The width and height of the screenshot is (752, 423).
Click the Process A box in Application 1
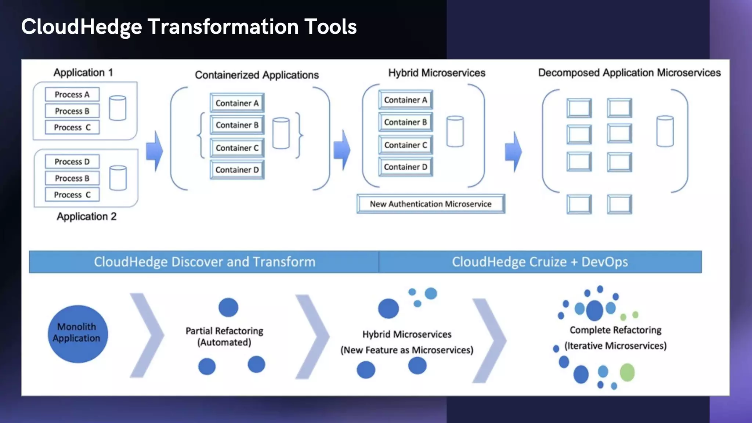click(72, 94)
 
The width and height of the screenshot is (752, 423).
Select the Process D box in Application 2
click(72, 162)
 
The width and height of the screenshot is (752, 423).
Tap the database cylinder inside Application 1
click(117, 108)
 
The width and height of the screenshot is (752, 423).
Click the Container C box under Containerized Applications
click(237, 148)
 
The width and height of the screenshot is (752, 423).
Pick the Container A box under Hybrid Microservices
click(405, 100)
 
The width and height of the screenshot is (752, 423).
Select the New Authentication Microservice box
click(430, 204)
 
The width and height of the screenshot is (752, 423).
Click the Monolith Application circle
click(77, 334)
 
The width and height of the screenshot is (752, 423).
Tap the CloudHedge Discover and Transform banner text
click(205, 262)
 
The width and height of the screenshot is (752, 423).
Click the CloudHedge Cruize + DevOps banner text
click(540, 262)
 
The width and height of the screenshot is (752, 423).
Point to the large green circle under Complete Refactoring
click(627, 372)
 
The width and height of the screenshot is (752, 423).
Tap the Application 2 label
click(86, 217)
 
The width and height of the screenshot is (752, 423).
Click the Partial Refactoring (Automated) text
click(224, 336)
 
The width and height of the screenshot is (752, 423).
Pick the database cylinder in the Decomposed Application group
click(665, 131)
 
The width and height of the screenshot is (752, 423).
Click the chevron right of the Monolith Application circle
click(147, 335)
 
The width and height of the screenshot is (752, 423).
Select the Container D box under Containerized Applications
click(237, 170)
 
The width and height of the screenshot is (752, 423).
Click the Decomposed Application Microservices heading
click(629, 73)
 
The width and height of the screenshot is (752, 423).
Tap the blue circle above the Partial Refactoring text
click(228, 307)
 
